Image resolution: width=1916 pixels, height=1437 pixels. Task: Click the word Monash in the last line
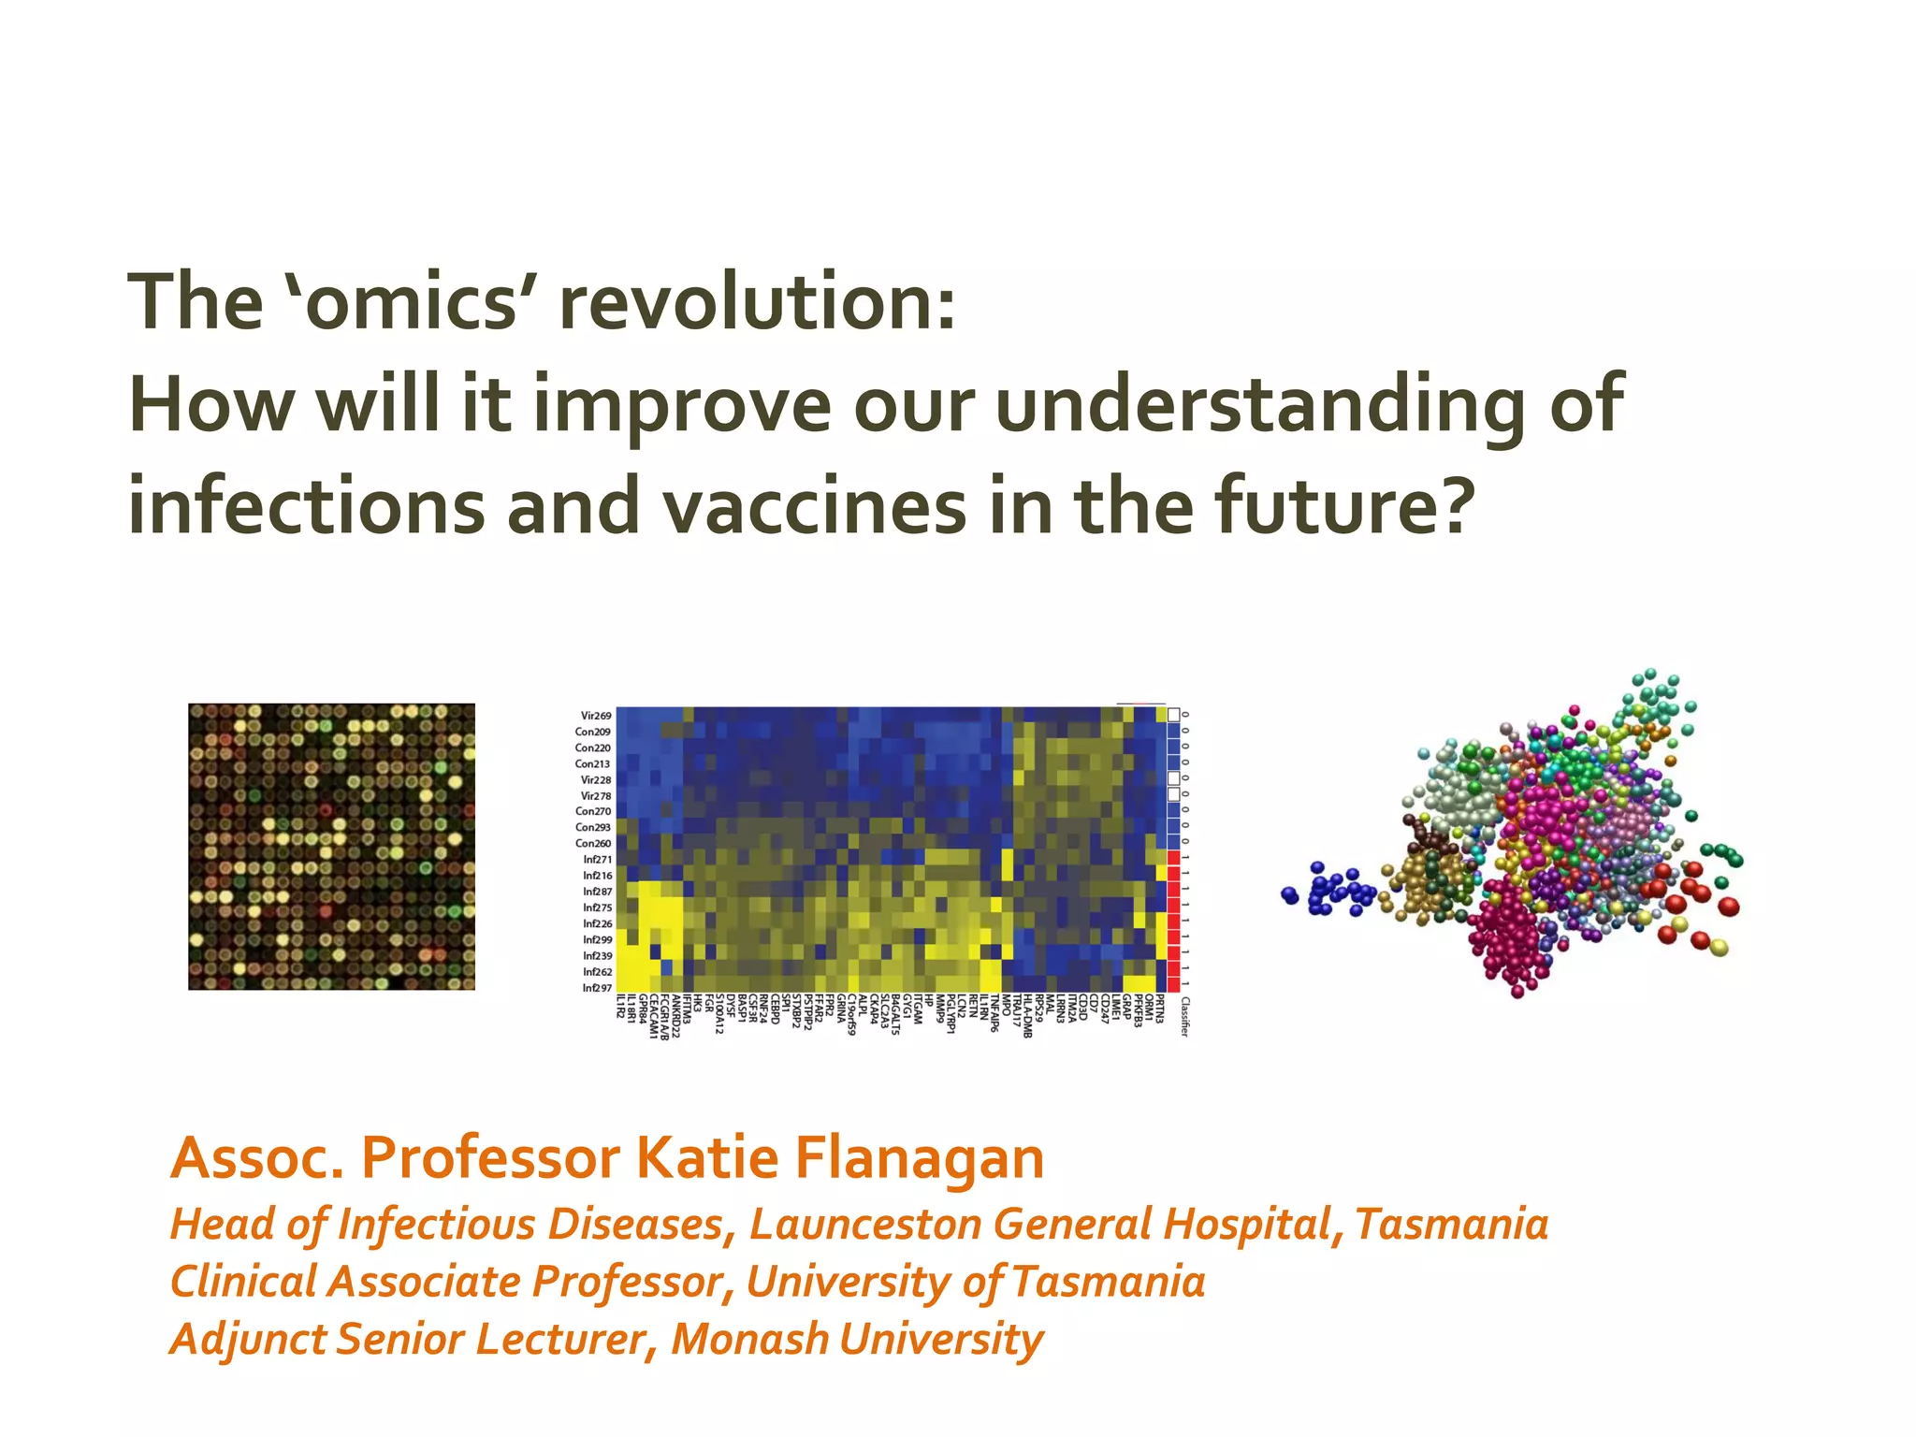[749, 1338]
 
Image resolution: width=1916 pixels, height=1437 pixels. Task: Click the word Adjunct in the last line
[248, 1338]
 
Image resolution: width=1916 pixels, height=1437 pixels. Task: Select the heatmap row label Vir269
[595, 716]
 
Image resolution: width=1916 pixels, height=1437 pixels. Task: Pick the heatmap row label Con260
[592, 843]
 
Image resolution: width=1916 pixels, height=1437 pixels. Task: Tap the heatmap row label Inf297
[596, 988]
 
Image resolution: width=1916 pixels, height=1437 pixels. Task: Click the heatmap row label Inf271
[596, 859]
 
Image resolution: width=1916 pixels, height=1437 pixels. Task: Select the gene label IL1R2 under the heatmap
[621, 1008]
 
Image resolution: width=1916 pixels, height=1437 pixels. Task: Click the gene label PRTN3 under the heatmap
[1160, 1009]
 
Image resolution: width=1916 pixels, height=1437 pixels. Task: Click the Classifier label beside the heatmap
[1184, 1017]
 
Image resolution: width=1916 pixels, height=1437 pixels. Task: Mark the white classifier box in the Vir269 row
[1173, 715]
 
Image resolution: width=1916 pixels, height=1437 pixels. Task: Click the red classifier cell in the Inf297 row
[1173, 985]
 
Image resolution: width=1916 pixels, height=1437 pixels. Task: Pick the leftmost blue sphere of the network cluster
[1290, 895]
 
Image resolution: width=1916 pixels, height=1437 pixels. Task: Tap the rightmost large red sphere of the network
[1729, 906]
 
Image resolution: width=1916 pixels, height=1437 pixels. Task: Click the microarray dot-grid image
[331, 847]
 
